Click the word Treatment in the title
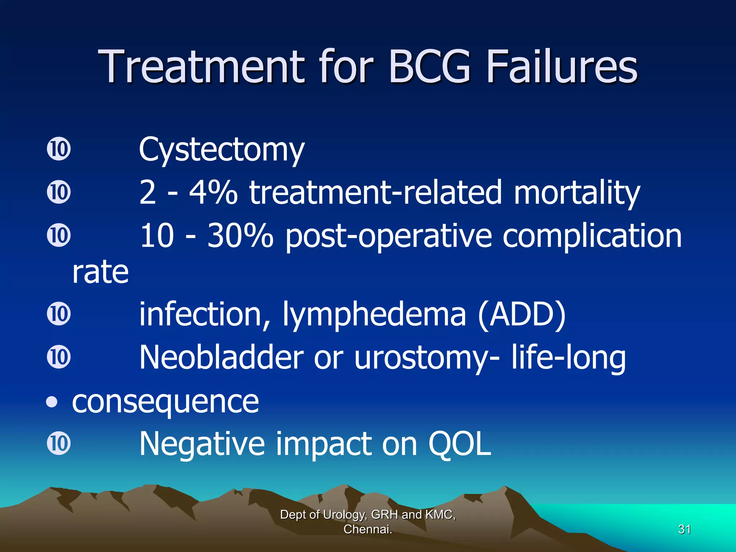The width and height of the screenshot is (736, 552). [201, 66]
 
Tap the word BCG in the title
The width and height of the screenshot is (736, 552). [429, 66]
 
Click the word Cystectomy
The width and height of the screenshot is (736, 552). [221, 150]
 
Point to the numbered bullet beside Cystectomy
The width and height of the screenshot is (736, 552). [59, 149]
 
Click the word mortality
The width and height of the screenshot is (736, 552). [576, 193]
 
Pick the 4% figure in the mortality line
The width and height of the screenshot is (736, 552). [213, 193]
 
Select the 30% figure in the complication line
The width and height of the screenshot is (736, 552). [240, 236]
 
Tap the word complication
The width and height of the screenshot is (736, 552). [592, 236]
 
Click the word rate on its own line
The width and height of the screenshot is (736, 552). [100, 272]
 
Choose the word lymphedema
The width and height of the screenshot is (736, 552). [374, 314]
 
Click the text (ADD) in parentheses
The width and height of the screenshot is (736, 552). [521, 314]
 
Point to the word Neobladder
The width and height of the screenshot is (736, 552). [221, 357]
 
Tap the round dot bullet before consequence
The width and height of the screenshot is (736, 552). [52, 402]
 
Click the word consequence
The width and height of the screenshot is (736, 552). [165, 402]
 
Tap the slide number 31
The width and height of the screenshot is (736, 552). [684, 529]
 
